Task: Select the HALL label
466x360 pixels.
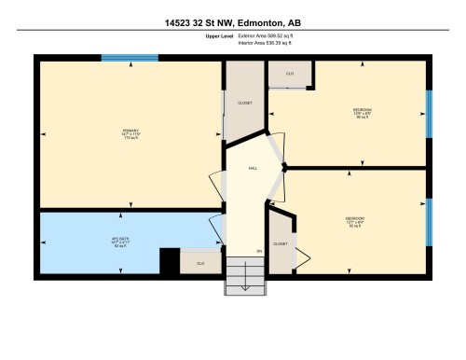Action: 253,168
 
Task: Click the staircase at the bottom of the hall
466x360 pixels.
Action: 244,277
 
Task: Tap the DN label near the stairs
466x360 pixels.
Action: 259,251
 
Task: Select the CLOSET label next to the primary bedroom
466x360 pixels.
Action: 244,103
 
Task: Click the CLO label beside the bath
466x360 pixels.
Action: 199,264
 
